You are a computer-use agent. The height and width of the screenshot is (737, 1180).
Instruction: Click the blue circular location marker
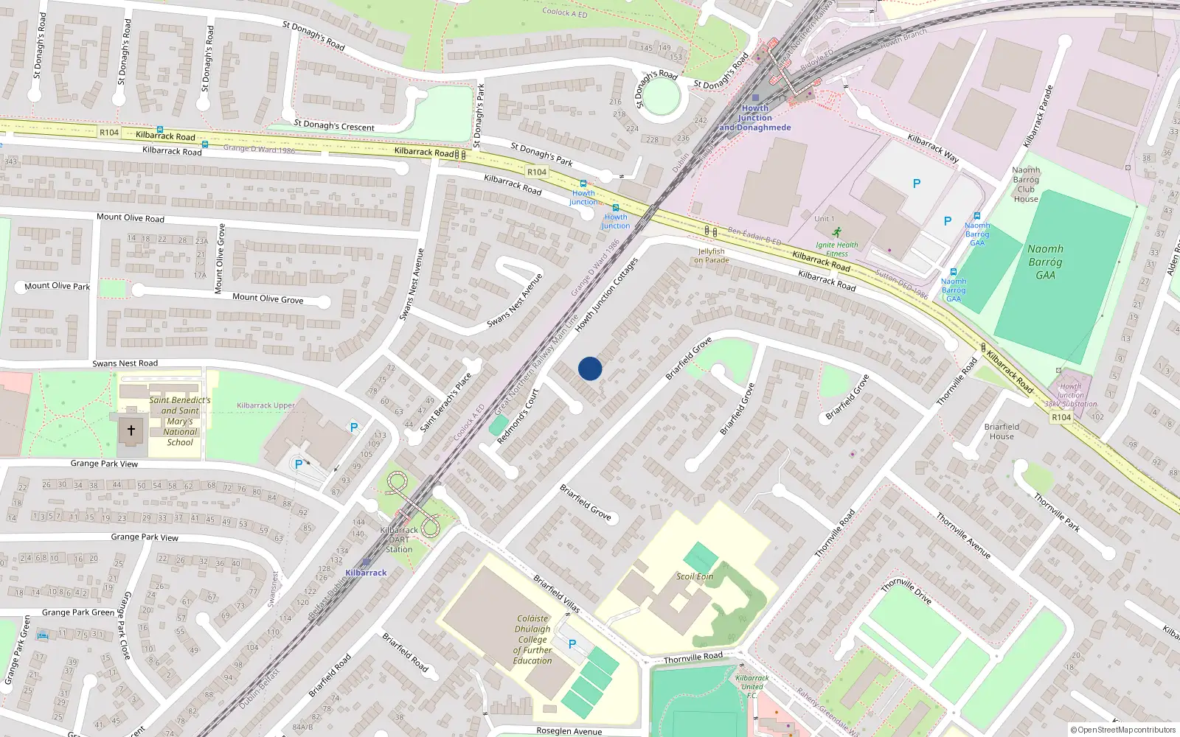590,368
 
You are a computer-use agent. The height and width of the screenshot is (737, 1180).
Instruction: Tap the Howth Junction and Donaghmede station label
755,118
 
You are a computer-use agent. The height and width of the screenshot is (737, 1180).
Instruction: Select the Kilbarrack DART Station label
399,539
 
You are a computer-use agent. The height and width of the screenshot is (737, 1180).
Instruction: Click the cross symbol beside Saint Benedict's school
131,430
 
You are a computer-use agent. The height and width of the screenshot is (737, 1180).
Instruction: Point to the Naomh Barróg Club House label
1026,184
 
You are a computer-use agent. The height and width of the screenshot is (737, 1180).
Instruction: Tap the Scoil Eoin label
695,576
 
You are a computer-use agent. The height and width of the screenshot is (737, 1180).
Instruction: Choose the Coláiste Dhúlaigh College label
532,640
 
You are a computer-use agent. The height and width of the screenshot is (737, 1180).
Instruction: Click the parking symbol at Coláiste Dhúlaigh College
572,644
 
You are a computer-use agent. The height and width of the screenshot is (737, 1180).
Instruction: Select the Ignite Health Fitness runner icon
836,232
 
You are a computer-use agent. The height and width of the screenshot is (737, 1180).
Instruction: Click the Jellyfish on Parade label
712,256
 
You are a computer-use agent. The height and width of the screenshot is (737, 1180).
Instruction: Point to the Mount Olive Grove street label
268,298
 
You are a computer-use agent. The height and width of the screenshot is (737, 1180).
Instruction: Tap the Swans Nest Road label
125,363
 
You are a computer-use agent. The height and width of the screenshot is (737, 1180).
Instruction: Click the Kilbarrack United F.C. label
752,686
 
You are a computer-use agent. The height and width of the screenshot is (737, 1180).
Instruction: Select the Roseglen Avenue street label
569,731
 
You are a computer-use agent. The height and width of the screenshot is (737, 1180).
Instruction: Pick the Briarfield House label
1002,431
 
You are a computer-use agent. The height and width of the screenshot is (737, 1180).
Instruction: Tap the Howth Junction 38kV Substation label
1070,395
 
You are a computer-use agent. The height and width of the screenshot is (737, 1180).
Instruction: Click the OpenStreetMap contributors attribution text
1122,730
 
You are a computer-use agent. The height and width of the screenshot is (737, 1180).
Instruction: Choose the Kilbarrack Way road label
933,148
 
